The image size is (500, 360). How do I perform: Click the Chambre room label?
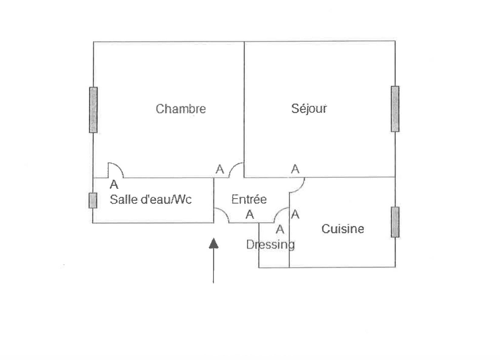click(x=181, y=108)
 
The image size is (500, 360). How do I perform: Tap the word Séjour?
click(x=309, y=108)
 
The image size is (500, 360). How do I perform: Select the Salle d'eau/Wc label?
click(x=151, y=199)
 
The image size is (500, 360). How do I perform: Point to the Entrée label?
click(x=249, y=199)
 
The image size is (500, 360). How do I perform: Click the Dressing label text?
click(x=270, y=244)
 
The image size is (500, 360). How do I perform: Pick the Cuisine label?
click(x=342, y=228)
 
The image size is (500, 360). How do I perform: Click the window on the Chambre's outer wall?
click(x=93, y=110)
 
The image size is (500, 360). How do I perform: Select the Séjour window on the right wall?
click(x=395, y=109)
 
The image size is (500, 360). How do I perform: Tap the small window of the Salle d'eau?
click(x=93, y=200)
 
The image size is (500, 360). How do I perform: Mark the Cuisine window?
click(x=395, y=222)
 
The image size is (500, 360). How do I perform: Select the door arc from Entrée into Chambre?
click(x=236, y=170)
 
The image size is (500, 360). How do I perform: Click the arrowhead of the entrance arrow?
click(x=214, y=243)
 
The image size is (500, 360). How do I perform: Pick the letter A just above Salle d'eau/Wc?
click(x=114, y=184)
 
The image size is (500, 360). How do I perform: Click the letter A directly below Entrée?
click(x=250, y=214)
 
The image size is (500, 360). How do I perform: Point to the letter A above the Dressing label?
click(x=280, y=229)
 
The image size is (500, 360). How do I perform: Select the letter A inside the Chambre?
click(x=220, y=169)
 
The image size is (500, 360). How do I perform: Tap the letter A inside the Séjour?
click(x=295, y=169)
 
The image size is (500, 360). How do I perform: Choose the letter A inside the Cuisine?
click(x=295, y=214)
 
